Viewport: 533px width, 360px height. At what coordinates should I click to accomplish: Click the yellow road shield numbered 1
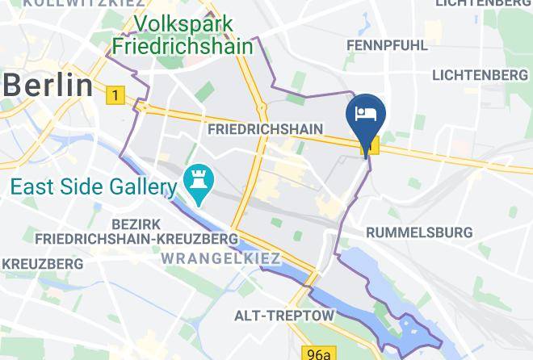point(115,96)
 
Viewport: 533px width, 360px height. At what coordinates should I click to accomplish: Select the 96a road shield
point(319,354)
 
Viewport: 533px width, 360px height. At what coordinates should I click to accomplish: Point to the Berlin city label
point(46,83)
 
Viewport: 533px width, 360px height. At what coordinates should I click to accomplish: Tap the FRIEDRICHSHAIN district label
point(265,129)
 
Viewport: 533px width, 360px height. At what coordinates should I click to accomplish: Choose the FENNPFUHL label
point(387,45)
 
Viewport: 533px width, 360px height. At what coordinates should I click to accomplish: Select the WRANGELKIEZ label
point(220,258)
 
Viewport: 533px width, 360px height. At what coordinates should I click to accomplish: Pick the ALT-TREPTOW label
point(283,314)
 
